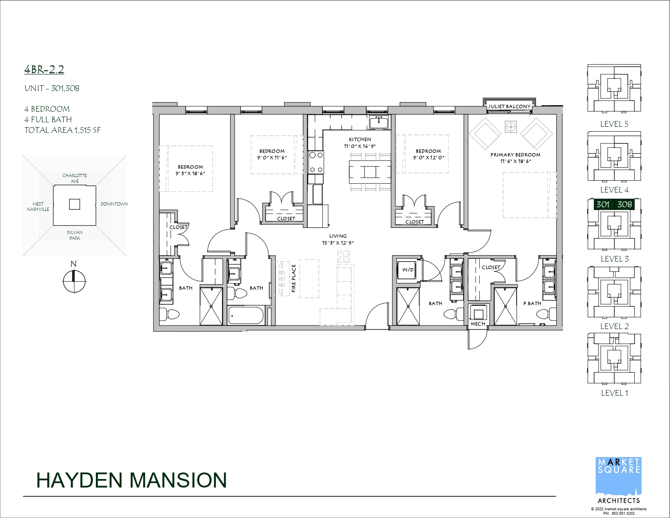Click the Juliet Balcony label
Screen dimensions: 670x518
pos(509,106)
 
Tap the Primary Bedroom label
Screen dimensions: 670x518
pos(515,155)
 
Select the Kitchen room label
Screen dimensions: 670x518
pos(360,139)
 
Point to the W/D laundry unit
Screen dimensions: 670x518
pos(408,270)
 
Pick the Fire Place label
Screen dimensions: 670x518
pos(294,278)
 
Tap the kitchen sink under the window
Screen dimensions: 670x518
pos(378,122)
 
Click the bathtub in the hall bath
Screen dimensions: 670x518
pos(246,315)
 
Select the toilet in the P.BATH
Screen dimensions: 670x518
pos(546,315)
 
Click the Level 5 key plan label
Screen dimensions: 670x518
pos(614,124)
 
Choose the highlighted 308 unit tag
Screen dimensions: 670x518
pos(625,204)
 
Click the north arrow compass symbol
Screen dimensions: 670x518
pos(74,282)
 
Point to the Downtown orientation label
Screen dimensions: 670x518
pos(114,204)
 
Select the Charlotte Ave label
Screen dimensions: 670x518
pos(75,178)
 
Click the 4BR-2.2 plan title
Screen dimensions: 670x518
pos(44,70)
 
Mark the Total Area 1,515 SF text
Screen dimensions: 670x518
pos(63,130)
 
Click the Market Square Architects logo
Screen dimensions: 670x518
pos(618,484)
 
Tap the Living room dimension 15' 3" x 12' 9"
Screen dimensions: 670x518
pos(337,243)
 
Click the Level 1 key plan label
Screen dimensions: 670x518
pos(614,393)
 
